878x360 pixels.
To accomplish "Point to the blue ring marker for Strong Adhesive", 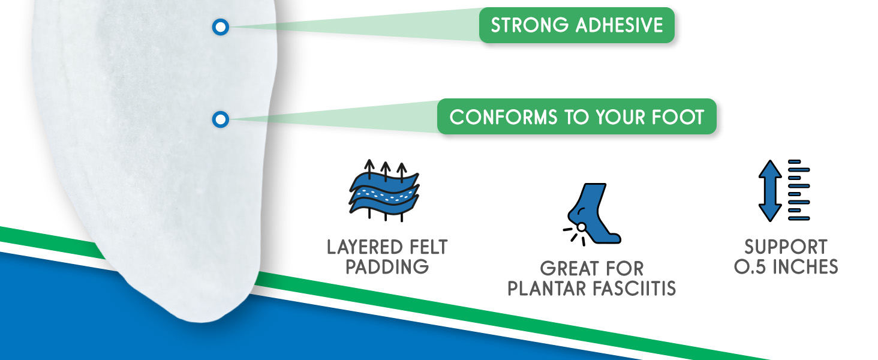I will pyautogui.click(x=221, y=26).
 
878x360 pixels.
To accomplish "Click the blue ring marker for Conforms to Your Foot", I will pyautogui.click(x=221, y=119).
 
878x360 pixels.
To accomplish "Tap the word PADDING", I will pyautogui.click(x=387, y=267).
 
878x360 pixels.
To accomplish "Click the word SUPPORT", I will pyautogui.click(x=785, y=247).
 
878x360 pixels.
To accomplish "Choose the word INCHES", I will pyautogui.click(x=806, y=267).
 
